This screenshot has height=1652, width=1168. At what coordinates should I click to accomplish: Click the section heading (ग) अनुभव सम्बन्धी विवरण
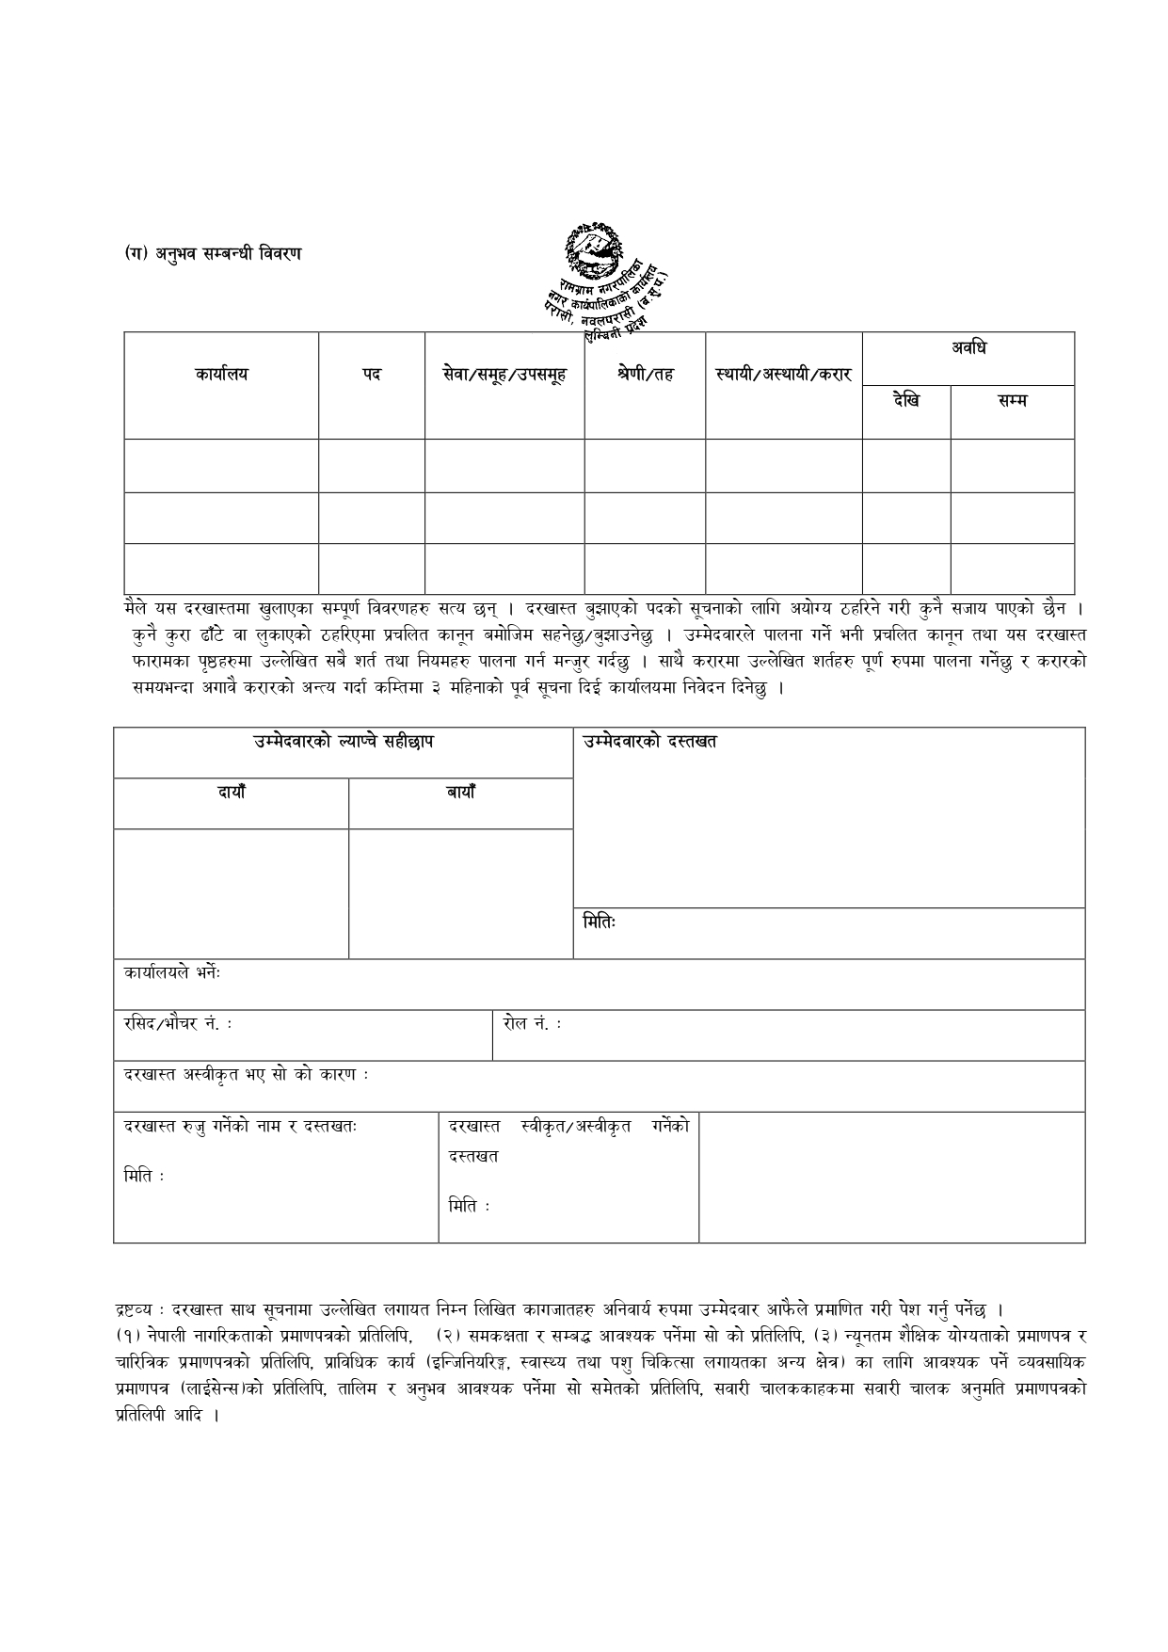click(x=214, y=253)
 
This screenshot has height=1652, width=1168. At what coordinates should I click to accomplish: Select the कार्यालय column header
click(x=221, y=375)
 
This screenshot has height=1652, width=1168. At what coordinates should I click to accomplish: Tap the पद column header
click(x=372, y=375)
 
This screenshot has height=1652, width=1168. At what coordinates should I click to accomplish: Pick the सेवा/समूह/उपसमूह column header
click(x=504, y=375)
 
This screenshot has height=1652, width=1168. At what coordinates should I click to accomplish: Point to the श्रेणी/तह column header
click(x=646, y=375)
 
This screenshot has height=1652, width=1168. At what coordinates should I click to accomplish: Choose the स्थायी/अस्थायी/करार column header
click(x=783, y=375)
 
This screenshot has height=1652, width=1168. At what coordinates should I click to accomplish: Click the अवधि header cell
click(x=968, y=349)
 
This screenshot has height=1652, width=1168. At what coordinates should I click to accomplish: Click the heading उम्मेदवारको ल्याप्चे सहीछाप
click(x=344, y=742)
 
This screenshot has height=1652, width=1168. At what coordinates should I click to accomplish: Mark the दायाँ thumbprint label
click(x=232, y=793)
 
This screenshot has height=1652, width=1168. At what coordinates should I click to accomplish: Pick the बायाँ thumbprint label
click(x=461, y=793)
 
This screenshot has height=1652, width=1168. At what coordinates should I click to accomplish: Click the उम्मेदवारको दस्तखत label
click(x=649, y=742)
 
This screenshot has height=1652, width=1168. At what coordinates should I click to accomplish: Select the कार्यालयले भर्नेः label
click(x=172, y=973)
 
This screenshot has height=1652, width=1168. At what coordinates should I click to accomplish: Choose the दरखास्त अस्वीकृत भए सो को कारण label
click(x=246, y=1075)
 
